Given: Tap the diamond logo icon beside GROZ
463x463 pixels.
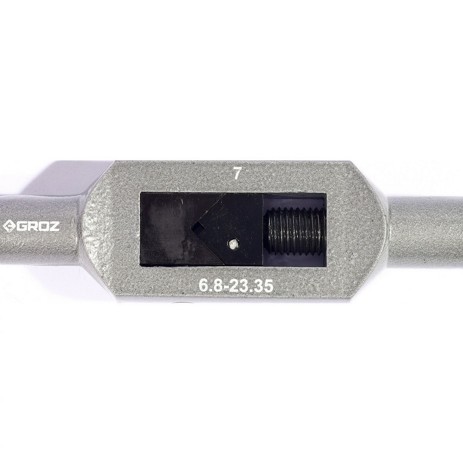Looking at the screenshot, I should (8, 226).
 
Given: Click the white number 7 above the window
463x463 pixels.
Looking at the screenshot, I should (237, 174).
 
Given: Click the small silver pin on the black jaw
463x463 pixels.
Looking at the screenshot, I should (233, 244).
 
